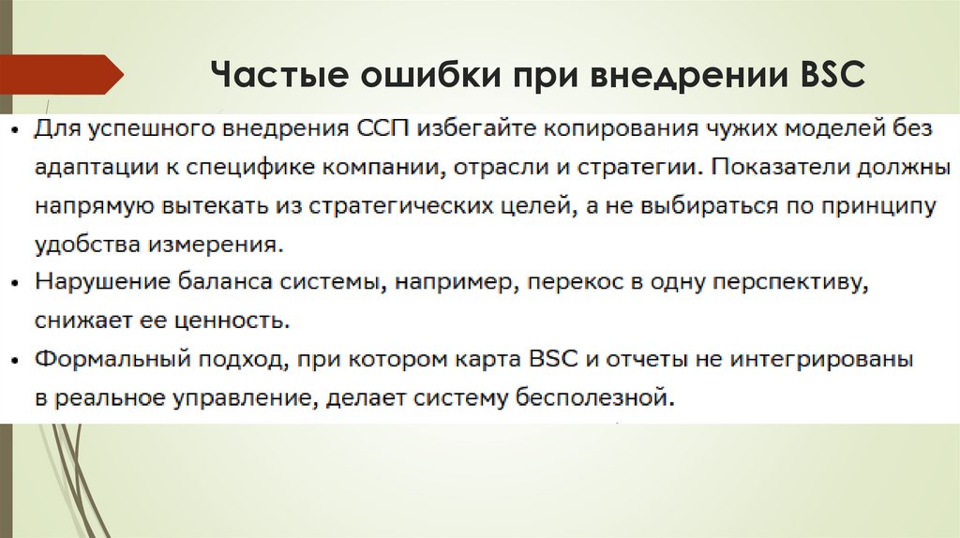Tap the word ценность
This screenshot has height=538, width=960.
(240, 321)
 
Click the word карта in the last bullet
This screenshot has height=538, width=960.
(488, 360)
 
